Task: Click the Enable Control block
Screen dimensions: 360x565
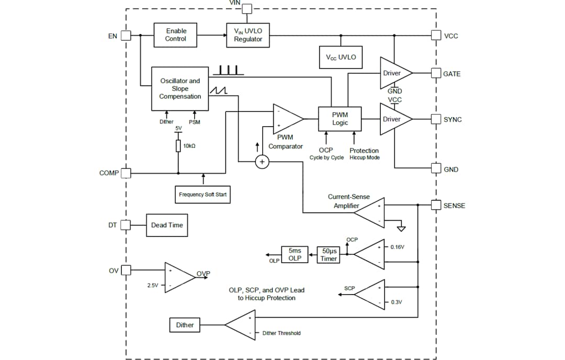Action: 175,35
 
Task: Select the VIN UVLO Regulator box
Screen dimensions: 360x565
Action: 248,35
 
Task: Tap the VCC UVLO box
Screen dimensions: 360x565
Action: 341,57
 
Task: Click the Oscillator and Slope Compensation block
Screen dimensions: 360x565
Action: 180,88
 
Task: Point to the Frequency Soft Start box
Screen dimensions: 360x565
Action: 203,195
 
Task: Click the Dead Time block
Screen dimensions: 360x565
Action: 166,225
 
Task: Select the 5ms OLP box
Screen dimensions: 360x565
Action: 295,255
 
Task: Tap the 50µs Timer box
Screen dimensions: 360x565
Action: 329,255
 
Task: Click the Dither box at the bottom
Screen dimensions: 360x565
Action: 185,325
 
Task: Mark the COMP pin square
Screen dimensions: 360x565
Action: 126,173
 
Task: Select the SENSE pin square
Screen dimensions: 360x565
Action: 436,205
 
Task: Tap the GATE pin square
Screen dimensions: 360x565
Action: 436,73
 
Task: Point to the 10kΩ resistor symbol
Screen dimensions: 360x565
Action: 178,146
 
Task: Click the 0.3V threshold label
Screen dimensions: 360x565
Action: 396,302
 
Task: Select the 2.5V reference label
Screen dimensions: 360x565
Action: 153,286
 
